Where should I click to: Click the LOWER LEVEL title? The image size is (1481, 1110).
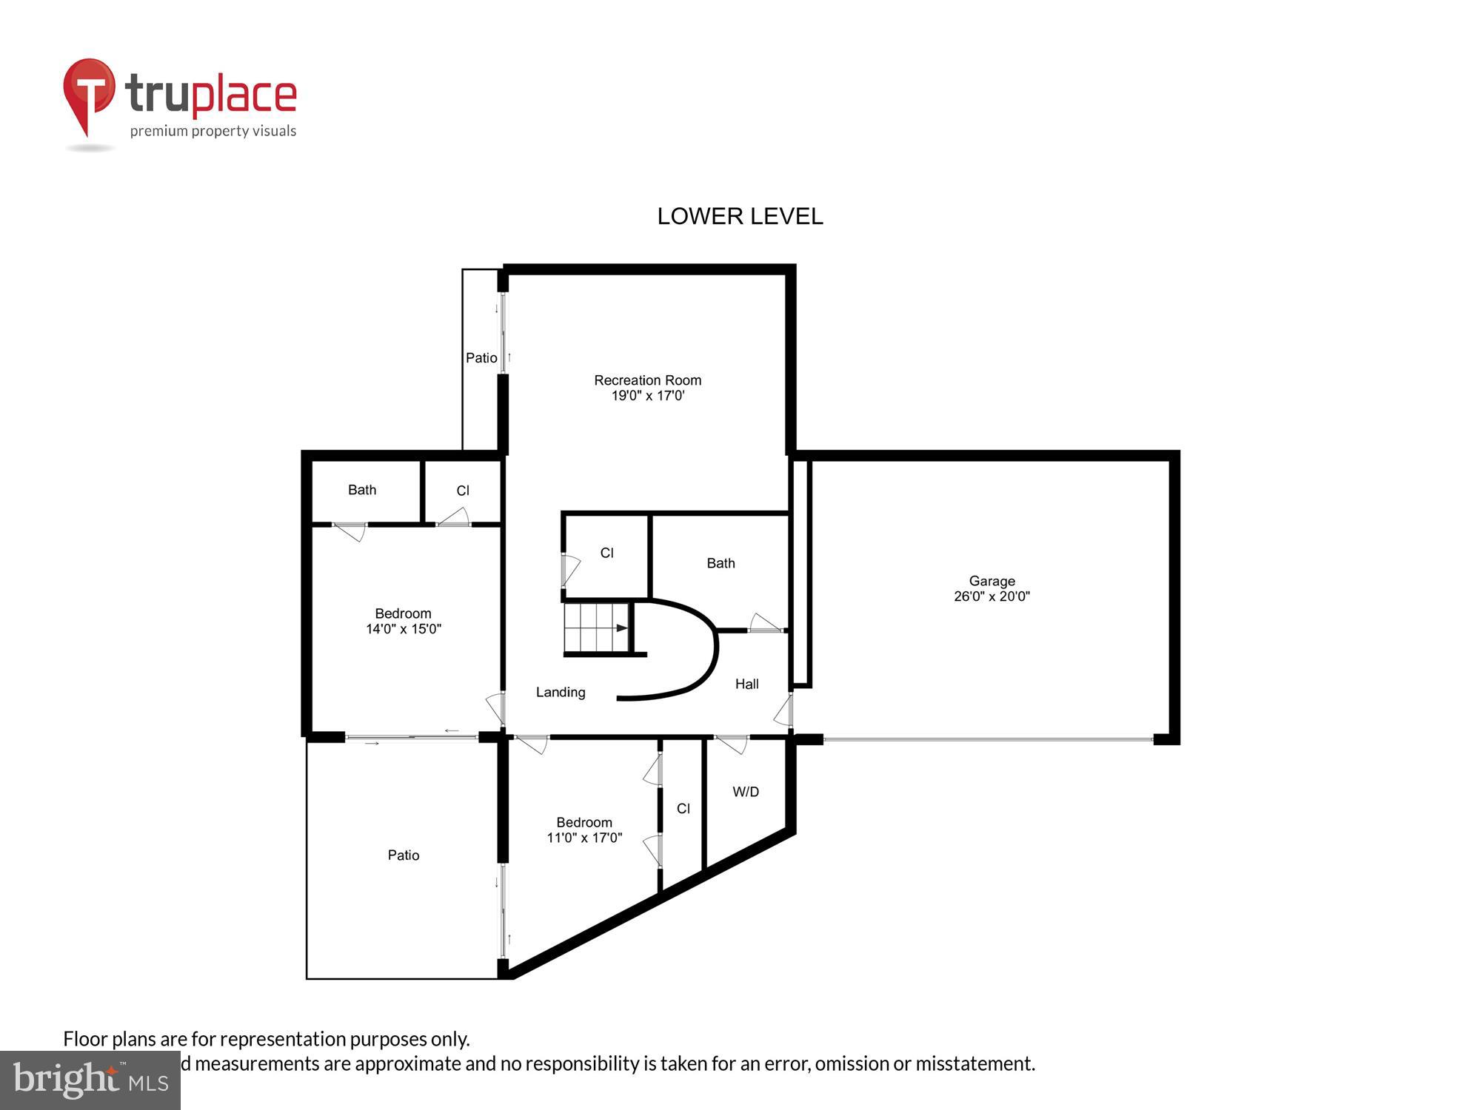[x=740, y=216]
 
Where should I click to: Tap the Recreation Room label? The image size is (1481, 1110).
[x=647, y=380]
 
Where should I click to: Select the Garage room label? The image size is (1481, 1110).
[x=992, y=581]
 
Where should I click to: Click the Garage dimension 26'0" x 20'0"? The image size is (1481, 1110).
[x=992, y=596]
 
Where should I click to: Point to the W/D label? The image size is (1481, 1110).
[x=746, y=792]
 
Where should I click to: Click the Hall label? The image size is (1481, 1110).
[x=746, y=684]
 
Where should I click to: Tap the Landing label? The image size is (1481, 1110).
[x=561, y=692]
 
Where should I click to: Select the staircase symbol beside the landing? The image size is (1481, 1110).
[x=597, y=628]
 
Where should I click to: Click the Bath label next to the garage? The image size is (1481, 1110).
[x=721, y=563]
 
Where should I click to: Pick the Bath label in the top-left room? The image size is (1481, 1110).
[x=362, y=490]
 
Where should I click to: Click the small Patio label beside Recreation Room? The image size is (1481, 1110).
[x=481, y=358]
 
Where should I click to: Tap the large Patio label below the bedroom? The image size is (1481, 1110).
[x=404, y=855]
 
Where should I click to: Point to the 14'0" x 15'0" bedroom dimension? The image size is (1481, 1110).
[x=404, y=629]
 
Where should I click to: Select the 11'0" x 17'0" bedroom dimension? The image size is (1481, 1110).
[x=584, y=838]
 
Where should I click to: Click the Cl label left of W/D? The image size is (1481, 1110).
[x=683, y=809]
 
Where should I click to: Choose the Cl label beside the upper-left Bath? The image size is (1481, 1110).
[x=463, y=491]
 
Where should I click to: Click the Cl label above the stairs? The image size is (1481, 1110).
[x=607, y=553]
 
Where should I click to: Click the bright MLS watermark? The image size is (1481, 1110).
[x=90, y=1080]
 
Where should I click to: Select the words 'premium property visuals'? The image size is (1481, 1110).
[x=213, y=132]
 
